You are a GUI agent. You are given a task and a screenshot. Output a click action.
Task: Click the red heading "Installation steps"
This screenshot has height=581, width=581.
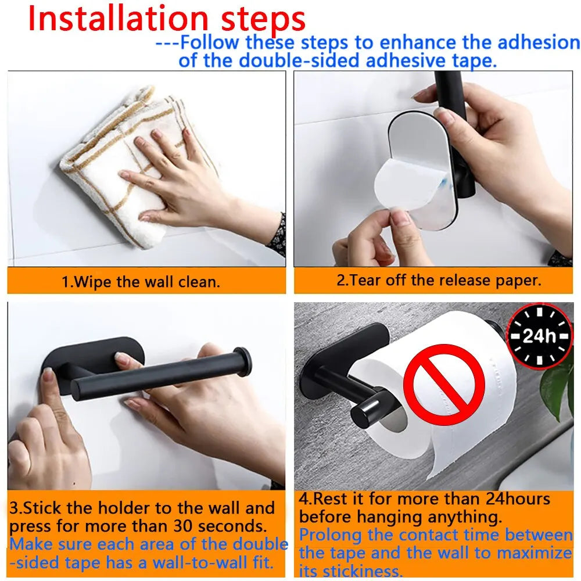click(x=167, y=19)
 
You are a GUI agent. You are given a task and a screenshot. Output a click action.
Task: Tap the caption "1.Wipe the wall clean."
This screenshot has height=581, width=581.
click(x=141, y=282)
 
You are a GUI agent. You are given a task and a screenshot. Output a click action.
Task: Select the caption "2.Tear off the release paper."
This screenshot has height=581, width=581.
click(x=439, y=280)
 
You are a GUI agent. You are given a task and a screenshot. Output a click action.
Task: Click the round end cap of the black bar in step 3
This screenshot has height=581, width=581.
click(x=243, y=361)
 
